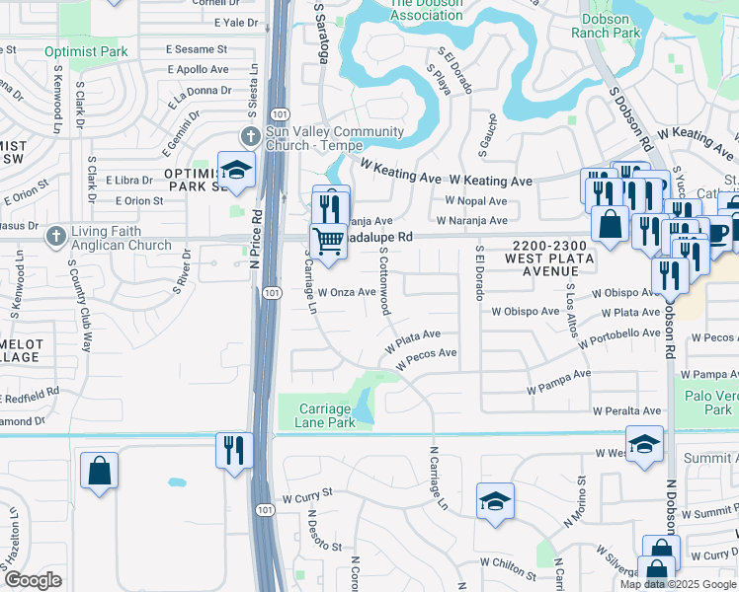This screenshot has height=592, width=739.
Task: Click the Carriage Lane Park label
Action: coord(324,415)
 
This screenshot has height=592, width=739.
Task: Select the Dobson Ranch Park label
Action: coord(606,25)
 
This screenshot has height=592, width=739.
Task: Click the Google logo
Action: coord(34,580)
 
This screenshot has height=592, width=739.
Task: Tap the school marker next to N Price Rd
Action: coord(236,171)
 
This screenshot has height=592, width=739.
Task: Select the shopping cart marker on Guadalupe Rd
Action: coord(328,240)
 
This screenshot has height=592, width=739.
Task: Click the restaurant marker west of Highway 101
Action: coord(231,451)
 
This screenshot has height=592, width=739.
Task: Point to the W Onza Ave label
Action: coord(346,292)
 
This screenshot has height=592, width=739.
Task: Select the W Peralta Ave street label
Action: coord(626,410)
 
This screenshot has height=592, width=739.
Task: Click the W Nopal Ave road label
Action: coord(475,201)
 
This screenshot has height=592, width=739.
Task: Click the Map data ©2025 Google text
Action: coord(678,584)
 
